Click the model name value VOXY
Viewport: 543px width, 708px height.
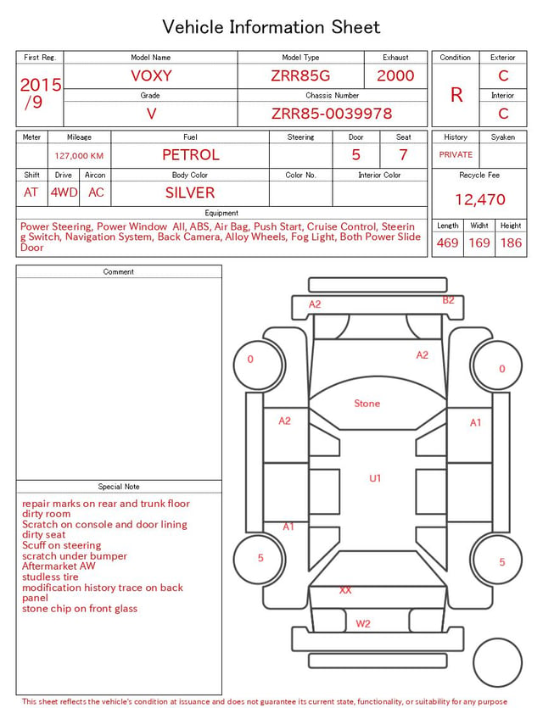[151, 75]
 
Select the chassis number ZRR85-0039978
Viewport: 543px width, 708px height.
[332, 114]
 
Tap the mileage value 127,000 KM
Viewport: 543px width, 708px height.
[79, 156]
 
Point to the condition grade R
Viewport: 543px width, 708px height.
[456, 95]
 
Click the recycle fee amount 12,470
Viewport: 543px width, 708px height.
[479, 199]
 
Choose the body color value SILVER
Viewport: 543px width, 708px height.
[190, 192]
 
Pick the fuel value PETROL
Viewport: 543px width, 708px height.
[191, 155]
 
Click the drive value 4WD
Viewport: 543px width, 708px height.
[64, 192]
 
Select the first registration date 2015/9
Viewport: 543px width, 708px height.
[40, 93]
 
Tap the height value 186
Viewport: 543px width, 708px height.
[511, 243]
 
